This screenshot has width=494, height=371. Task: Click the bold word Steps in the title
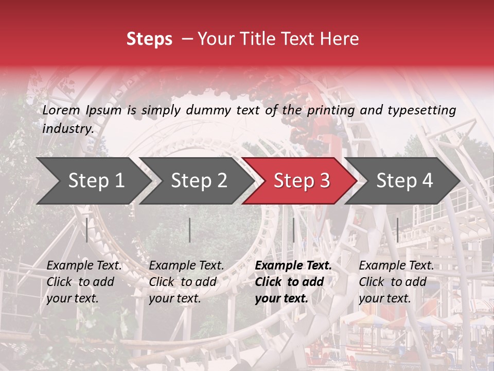(149, 39)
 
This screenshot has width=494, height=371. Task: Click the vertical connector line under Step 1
(87, 230)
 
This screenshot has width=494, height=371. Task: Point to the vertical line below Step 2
(190, 230)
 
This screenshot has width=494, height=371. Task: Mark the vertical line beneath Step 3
(293, 230)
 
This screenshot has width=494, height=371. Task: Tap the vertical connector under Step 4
(397, 230)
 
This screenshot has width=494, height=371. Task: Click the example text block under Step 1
(84, 282)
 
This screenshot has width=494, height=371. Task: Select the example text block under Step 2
(186, 282)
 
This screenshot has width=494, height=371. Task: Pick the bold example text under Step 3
(293, 282)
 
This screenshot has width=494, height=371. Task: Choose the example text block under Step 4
(396, 282)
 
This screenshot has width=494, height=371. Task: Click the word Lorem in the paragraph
(61, 110)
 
